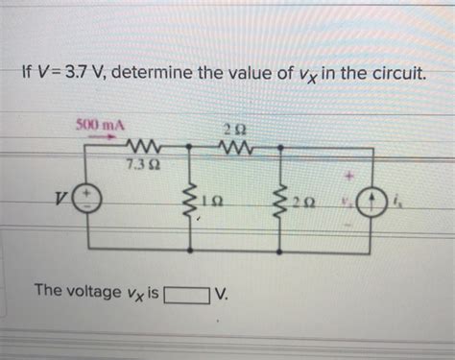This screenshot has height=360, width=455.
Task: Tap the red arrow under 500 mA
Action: click(100, 136)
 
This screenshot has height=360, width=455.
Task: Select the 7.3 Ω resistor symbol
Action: click(145, 148)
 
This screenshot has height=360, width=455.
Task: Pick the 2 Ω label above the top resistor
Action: click(233, 130)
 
